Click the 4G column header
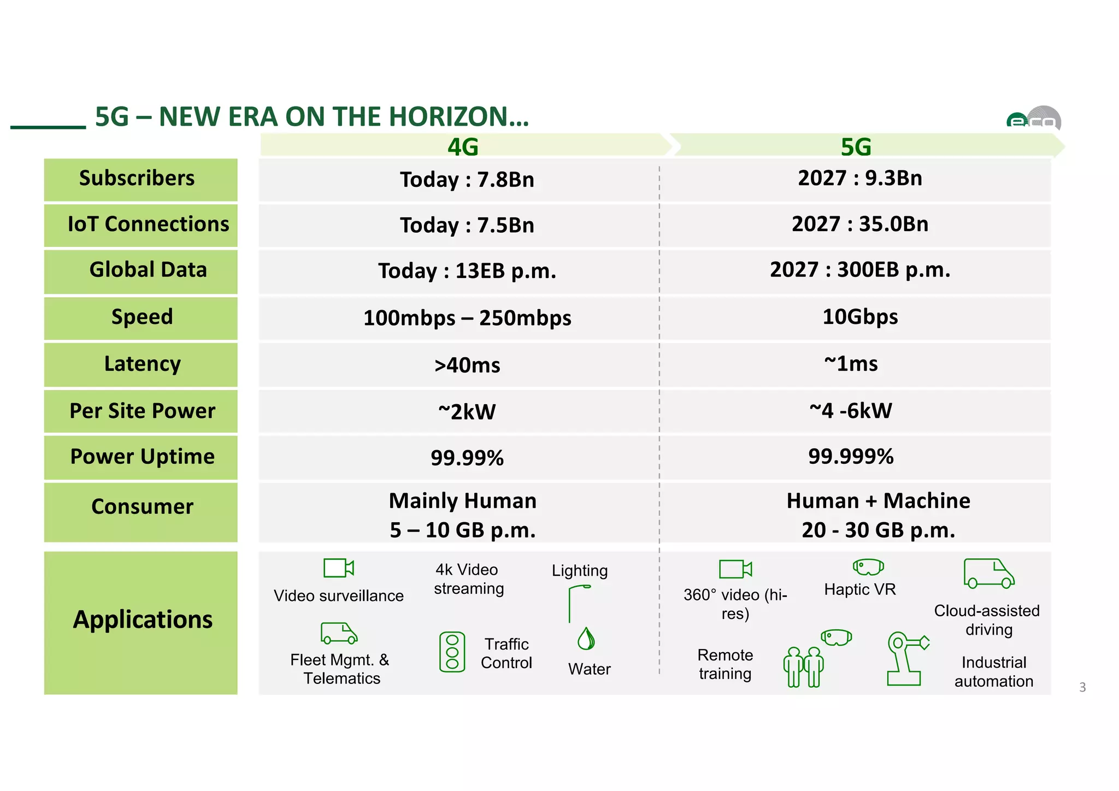coord(463,146)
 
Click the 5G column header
coord(856,146)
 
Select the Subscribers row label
coord(137,179)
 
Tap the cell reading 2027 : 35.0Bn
coord(859,225)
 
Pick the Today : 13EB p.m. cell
coord(467,271)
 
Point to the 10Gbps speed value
coord(859,317)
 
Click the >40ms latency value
coord(467,365)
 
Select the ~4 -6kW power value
coord(851,411)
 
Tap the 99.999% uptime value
coord(851,457)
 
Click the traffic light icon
coord(452,652)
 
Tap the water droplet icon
coord(586,639)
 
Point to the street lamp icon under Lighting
coord(576,603)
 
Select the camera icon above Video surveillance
coord(338,568)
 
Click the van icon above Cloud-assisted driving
coord(988,574)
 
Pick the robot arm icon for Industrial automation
coord(905,658)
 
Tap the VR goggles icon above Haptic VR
coord(868,567)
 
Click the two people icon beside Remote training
coord(803,666)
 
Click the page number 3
coord(1082,687)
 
